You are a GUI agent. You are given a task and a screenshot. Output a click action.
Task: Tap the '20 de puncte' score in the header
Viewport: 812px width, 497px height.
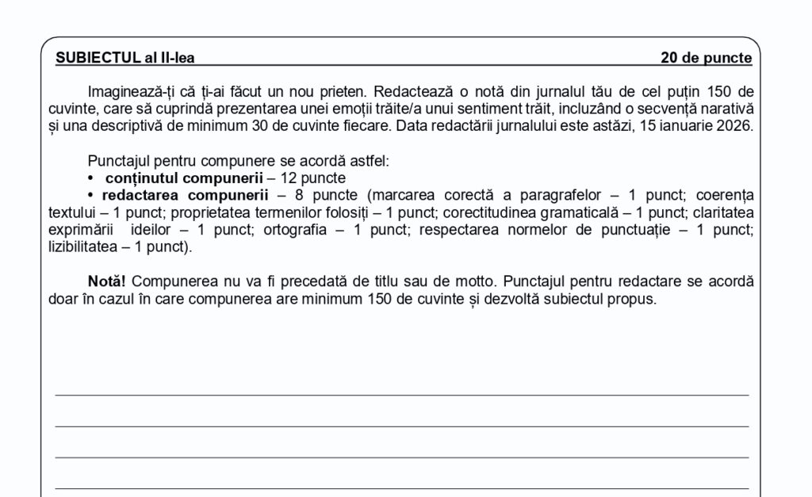pos(706,57)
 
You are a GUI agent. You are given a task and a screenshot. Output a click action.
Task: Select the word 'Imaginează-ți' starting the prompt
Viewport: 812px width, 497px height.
pos(126,90)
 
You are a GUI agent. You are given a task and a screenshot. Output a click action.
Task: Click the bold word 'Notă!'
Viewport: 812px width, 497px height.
pos(106,281)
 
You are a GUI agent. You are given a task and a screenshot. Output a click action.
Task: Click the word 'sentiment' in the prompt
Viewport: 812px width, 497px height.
pos(488,108)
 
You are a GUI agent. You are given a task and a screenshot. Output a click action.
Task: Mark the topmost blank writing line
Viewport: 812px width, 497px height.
pos(401,394)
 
